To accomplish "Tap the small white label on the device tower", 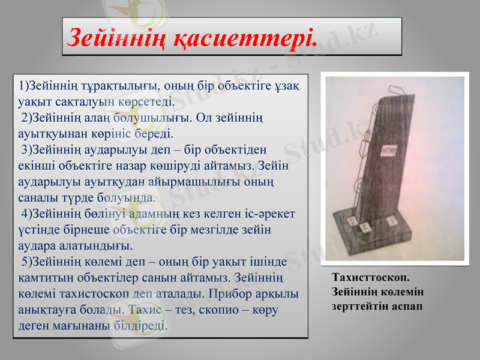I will click(x=389, y=148).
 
